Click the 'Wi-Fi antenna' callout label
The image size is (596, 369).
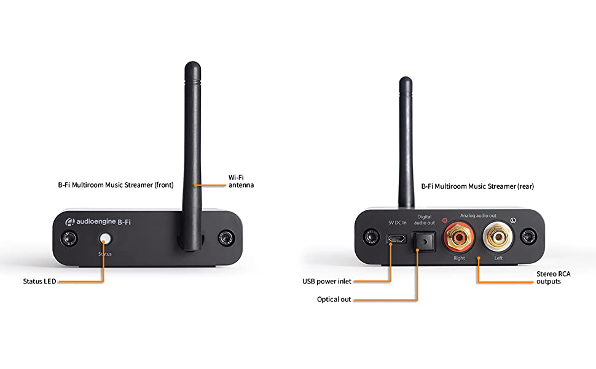241,181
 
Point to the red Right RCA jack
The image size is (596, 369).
459,237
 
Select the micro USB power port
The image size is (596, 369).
396,239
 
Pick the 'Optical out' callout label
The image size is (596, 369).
334,300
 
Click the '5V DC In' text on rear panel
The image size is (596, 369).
398,223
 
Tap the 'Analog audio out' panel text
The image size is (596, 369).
478,215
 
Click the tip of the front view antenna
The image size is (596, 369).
194,64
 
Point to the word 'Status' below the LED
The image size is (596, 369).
104,253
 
